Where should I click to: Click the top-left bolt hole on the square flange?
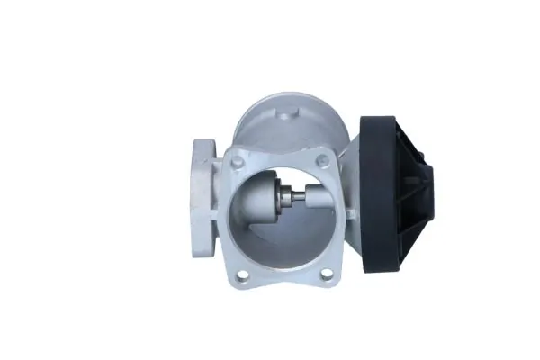pyautogui.click(x=237, y=163)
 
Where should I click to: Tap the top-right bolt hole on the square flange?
pyautogui.click(x=323, y=160)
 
